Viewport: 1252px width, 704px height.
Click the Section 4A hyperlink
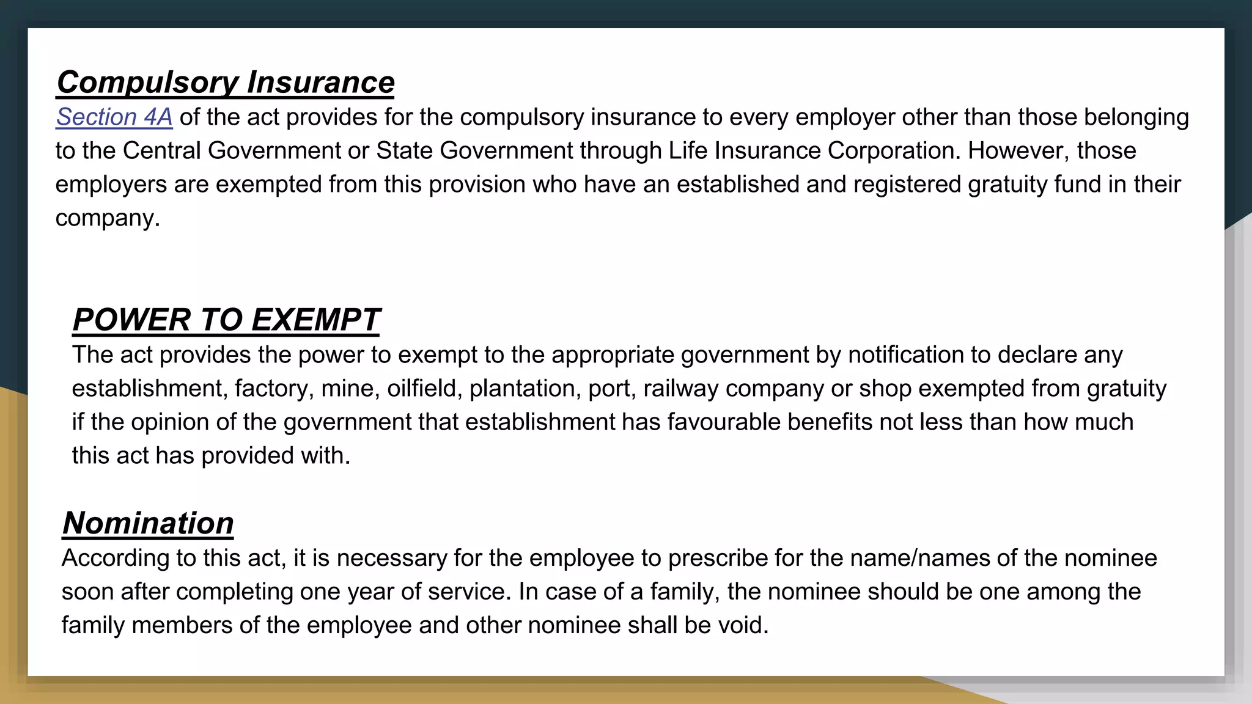point(114,117)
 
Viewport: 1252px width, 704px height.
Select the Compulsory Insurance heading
point(226,82)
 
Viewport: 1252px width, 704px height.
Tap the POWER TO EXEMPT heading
point(226,320)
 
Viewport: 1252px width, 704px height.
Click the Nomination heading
point(148,523)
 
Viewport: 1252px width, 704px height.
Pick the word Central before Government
point(161,151)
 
